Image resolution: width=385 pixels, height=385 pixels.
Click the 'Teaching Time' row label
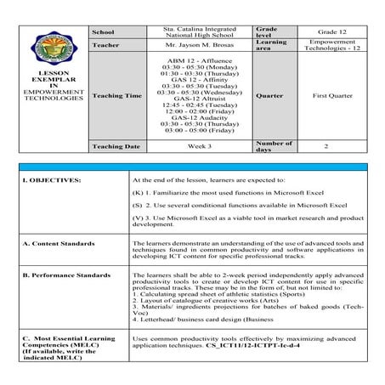click(x=117, y=96)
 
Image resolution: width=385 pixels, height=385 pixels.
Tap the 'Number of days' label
click(x=274, y=145)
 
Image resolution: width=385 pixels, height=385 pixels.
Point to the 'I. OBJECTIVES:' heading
click(x=52, y=180)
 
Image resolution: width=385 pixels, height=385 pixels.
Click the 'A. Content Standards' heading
click(x=59, y=243)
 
